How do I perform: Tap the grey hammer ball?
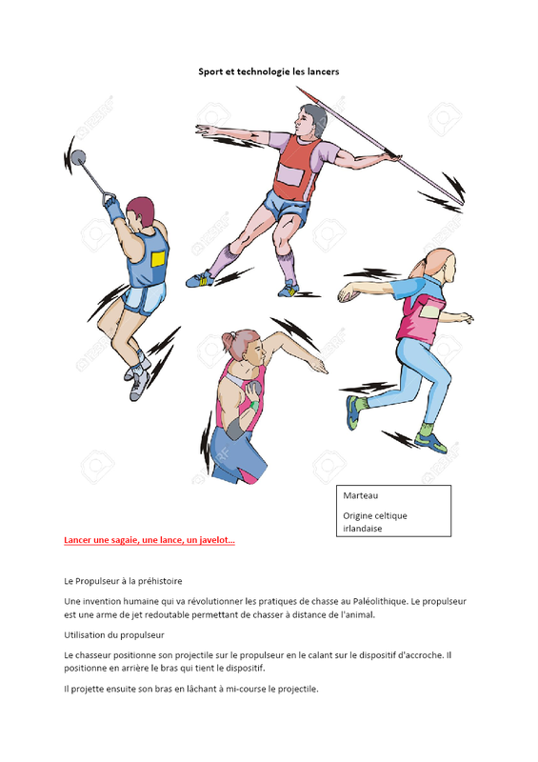click(x=78, y=157)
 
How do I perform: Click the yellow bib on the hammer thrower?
click(x=158, y=259)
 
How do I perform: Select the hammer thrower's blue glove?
click(x=113, y=209)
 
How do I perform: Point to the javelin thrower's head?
click(x=310, y=120)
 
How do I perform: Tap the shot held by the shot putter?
click(x=253, y=389)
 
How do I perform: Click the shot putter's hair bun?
click(x=229, y=338)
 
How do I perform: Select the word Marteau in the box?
click(x=361, y=495)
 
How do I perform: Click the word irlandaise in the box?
click(x=363, y=529)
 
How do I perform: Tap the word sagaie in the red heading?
click(x=124, y=540)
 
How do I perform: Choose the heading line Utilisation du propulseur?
click(x=114, y=635)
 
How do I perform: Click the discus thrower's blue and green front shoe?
click(x=353, y=412)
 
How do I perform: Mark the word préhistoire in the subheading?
click(x=160, y=581)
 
